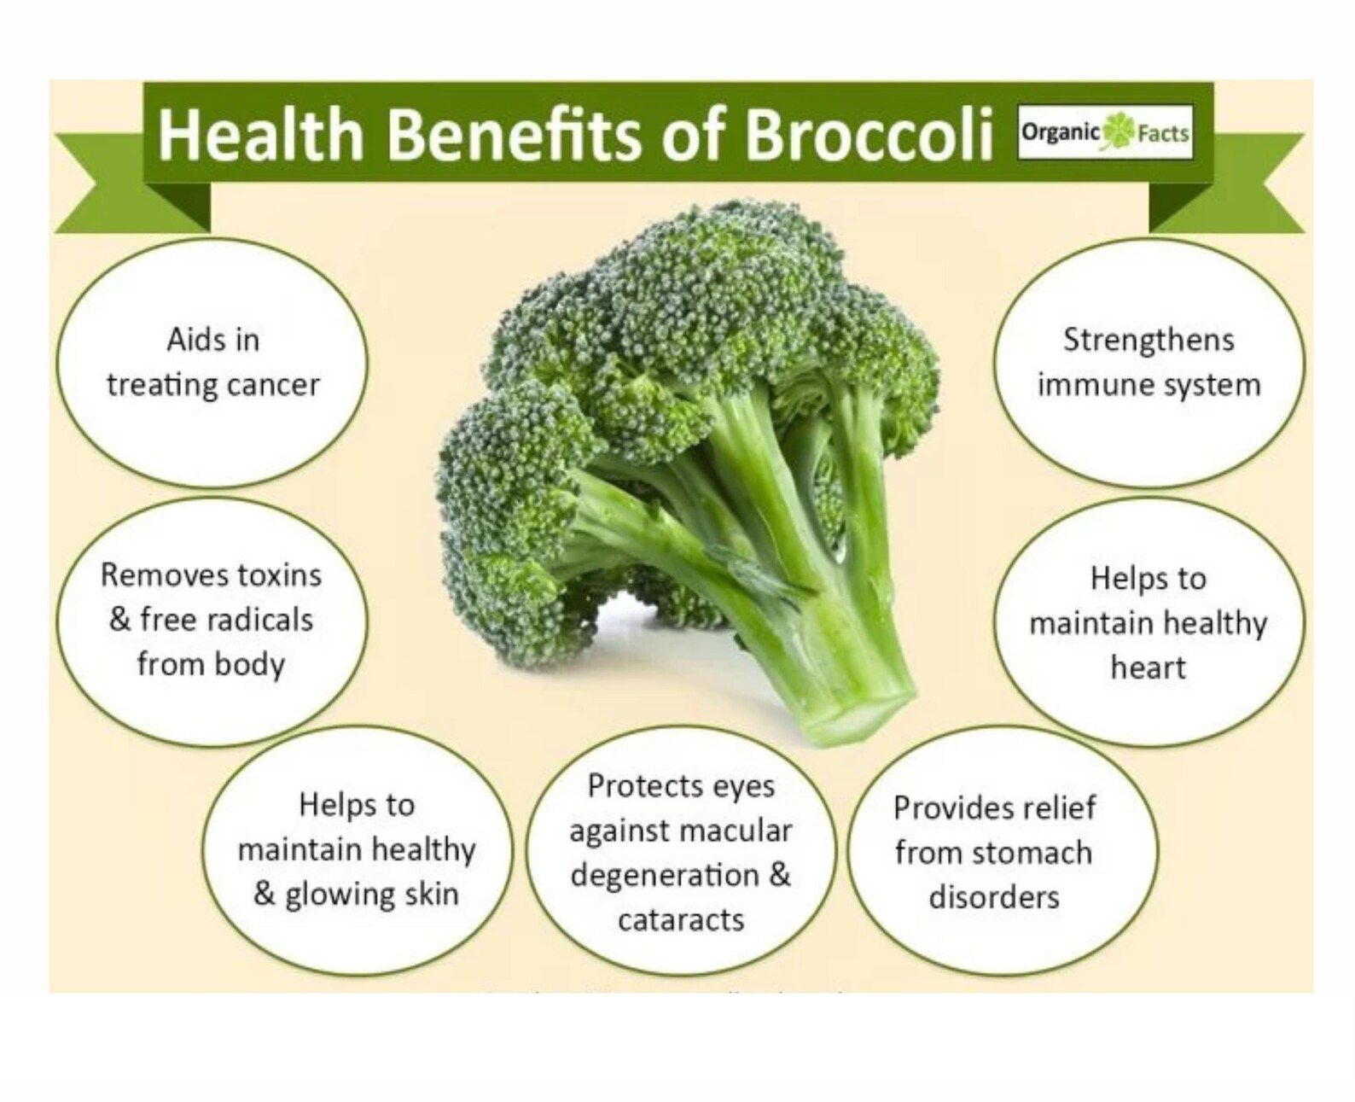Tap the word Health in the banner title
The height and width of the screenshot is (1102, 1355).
pos(261,134)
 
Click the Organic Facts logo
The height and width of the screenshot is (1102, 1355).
pos(1105,133)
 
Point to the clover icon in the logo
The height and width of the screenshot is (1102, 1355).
pos(1118,133)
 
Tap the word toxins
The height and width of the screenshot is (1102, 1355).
pos(279,574)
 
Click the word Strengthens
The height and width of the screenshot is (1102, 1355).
pos(1149,340)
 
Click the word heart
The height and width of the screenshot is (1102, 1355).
pos(1149,667)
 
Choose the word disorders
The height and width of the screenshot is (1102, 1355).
pos(994,896)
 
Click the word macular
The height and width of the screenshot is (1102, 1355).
pos(740,830)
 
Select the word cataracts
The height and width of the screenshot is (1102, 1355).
pos(681,919)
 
